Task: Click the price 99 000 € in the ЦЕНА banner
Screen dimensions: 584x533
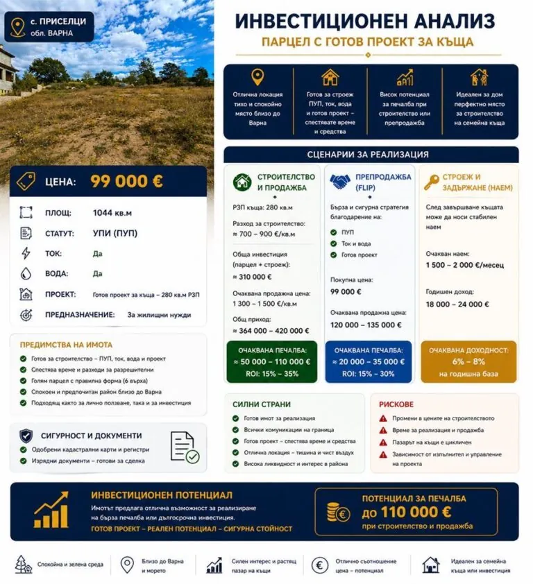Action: (126, 182)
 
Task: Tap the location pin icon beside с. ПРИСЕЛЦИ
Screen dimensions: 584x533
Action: (17, 26)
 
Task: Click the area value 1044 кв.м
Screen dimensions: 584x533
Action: (112, 214)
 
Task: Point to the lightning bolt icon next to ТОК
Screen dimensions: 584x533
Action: (26, 253)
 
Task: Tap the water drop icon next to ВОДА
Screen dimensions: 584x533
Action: (26, 273)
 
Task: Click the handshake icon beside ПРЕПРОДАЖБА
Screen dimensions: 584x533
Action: (339, 182)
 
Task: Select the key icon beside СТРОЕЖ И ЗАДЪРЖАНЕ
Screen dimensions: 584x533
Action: (432, 182)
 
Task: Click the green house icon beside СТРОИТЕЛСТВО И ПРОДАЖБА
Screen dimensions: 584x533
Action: (242, 182)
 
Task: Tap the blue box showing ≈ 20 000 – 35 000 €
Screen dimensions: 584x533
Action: (368, 362)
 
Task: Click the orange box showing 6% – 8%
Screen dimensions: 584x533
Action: (468, 362)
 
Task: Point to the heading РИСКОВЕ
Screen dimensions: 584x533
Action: (396, 404)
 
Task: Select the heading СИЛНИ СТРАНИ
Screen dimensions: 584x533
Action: (262, 404)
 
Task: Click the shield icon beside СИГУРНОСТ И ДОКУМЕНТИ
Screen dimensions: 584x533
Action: (26, 436)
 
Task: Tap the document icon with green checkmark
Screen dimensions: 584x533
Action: (185, 447)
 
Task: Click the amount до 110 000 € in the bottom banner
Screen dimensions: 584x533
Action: (406, 513)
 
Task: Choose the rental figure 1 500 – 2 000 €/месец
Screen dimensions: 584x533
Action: (464, 265)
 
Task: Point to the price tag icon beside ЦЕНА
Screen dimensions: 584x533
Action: (26, 182)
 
